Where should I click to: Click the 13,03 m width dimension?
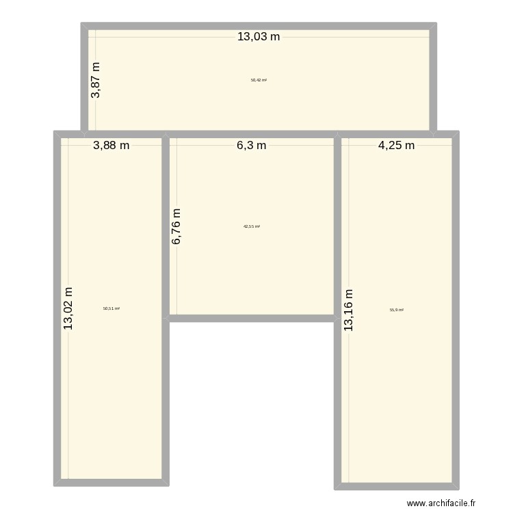259,37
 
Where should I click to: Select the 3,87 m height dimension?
96,80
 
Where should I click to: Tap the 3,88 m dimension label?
111,145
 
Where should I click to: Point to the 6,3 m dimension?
252,145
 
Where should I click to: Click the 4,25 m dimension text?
396,145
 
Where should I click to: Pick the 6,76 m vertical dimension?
177,227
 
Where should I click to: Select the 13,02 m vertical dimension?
69,308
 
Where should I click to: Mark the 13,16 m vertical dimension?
350,308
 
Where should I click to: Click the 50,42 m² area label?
259,80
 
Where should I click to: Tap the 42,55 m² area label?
252,226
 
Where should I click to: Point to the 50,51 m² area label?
111,308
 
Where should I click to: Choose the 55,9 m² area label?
397,310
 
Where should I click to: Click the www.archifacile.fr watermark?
440,503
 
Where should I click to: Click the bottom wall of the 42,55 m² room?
252,318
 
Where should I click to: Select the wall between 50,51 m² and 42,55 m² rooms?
166,226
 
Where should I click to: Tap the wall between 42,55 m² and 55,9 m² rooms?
337,226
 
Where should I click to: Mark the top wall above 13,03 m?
259,26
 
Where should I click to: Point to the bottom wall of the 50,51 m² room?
111,483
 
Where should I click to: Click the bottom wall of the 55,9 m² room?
397,486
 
